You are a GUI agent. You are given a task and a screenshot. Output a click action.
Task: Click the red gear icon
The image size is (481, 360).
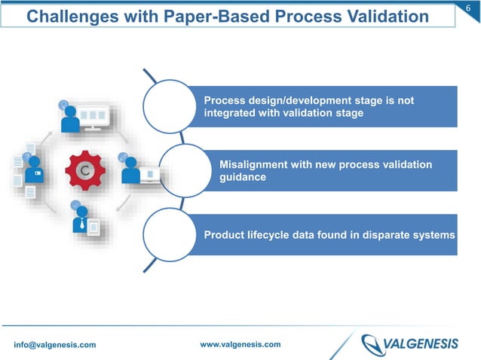pos(85,171)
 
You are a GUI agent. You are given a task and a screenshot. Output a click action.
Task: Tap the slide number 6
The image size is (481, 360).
pos(469,8)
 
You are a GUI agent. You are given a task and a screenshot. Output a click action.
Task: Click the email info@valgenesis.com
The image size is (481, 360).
pos(55,345)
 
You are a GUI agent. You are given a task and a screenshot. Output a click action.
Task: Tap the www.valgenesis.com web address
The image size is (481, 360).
pos(240,344)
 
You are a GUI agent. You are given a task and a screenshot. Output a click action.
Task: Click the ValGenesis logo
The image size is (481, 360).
pos(409,344)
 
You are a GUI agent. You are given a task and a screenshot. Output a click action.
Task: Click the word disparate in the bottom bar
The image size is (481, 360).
pos(381,235)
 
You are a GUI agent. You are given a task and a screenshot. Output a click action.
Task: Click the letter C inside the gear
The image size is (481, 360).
pos(85,171)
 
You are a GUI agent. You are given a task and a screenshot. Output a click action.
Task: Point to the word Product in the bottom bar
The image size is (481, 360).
pos(225,235)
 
